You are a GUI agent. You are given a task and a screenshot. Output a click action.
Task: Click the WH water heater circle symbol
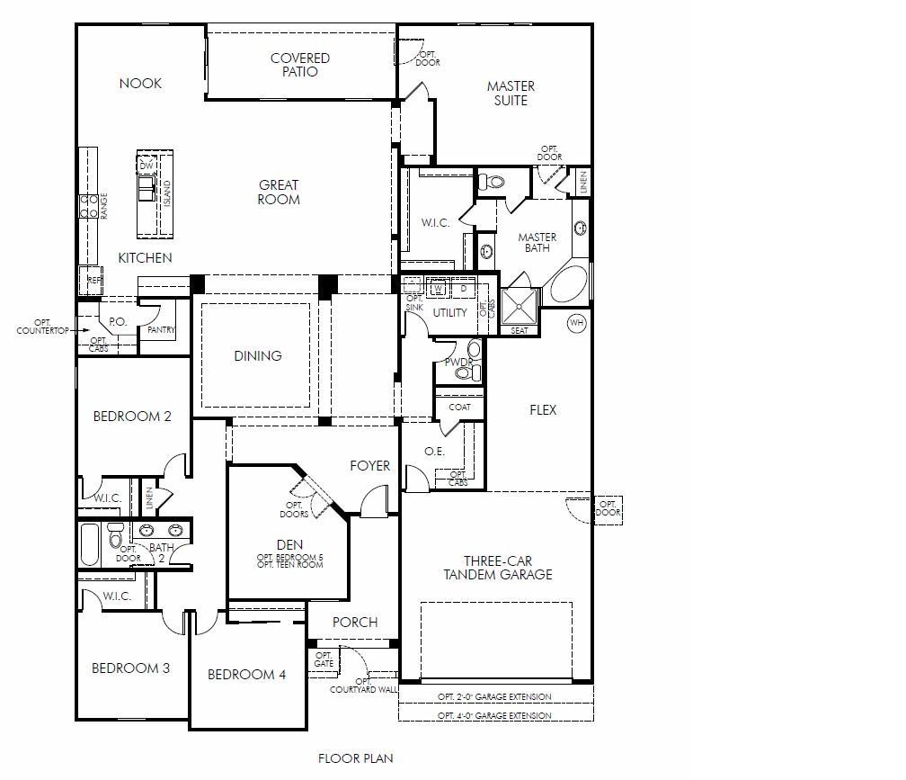[x=577, y=323]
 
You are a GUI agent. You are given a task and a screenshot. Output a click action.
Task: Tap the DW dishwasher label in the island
[x=147, y=166]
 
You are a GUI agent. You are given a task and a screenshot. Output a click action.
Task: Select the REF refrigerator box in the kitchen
[x=91, y=281]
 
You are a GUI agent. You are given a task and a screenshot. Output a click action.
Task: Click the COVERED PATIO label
[x=300, y=65]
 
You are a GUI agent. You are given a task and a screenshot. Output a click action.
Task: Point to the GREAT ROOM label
[x=279, y=192]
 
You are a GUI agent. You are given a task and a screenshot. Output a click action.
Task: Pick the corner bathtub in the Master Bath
[x=569, y=284]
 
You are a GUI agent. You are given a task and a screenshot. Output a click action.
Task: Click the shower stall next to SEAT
[x=520, y=307]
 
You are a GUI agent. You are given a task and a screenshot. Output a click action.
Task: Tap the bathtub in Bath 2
[x=90, y=544]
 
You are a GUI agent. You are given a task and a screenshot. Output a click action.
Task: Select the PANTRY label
[x=161, y=329]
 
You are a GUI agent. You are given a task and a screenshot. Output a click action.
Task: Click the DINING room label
[x=258, y=355]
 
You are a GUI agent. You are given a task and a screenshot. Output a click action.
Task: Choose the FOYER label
[x=369, y=465]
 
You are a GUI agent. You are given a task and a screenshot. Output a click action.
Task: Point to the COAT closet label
[x=459, y=407]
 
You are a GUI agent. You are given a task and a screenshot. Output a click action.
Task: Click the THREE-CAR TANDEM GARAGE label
[x=498, y=568]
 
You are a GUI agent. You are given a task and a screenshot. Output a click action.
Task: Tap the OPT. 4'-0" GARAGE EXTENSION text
[x=494, y=716]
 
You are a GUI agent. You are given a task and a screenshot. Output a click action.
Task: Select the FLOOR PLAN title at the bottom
[x=355, y=758]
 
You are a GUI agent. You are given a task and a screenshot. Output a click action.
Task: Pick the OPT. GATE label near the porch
[x=324, y=659]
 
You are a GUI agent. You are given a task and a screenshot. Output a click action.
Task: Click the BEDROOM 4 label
[x=246, y=674]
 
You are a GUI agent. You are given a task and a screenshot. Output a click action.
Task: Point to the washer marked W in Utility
[x=438, y=287]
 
